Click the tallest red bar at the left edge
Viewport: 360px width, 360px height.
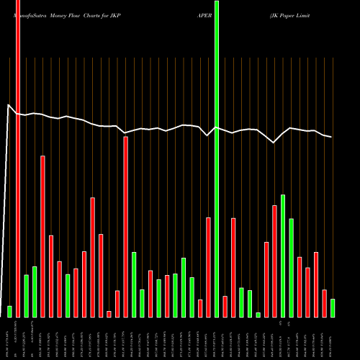18,158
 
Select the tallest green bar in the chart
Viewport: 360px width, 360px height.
217,158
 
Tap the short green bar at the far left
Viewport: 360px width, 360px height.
9,311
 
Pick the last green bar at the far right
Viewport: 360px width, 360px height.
333,307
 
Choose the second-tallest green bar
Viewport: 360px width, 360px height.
283,256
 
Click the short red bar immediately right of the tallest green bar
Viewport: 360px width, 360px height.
225,306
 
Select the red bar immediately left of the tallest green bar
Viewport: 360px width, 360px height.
208,267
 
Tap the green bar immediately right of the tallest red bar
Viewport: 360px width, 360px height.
26,295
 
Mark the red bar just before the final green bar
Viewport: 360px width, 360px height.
325,303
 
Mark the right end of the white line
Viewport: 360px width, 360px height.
332,137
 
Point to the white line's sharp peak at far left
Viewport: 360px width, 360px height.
9,106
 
